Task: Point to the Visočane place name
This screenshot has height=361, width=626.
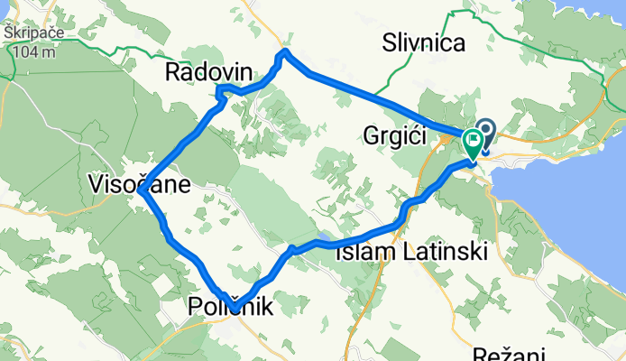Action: click(x=139, y=185)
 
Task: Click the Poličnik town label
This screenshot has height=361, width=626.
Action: click(x=230, y=307)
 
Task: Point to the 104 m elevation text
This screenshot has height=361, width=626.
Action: click(x=33, y=51)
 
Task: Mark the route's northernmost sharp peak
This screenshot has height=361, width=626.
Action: click(x=286, y=52)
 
